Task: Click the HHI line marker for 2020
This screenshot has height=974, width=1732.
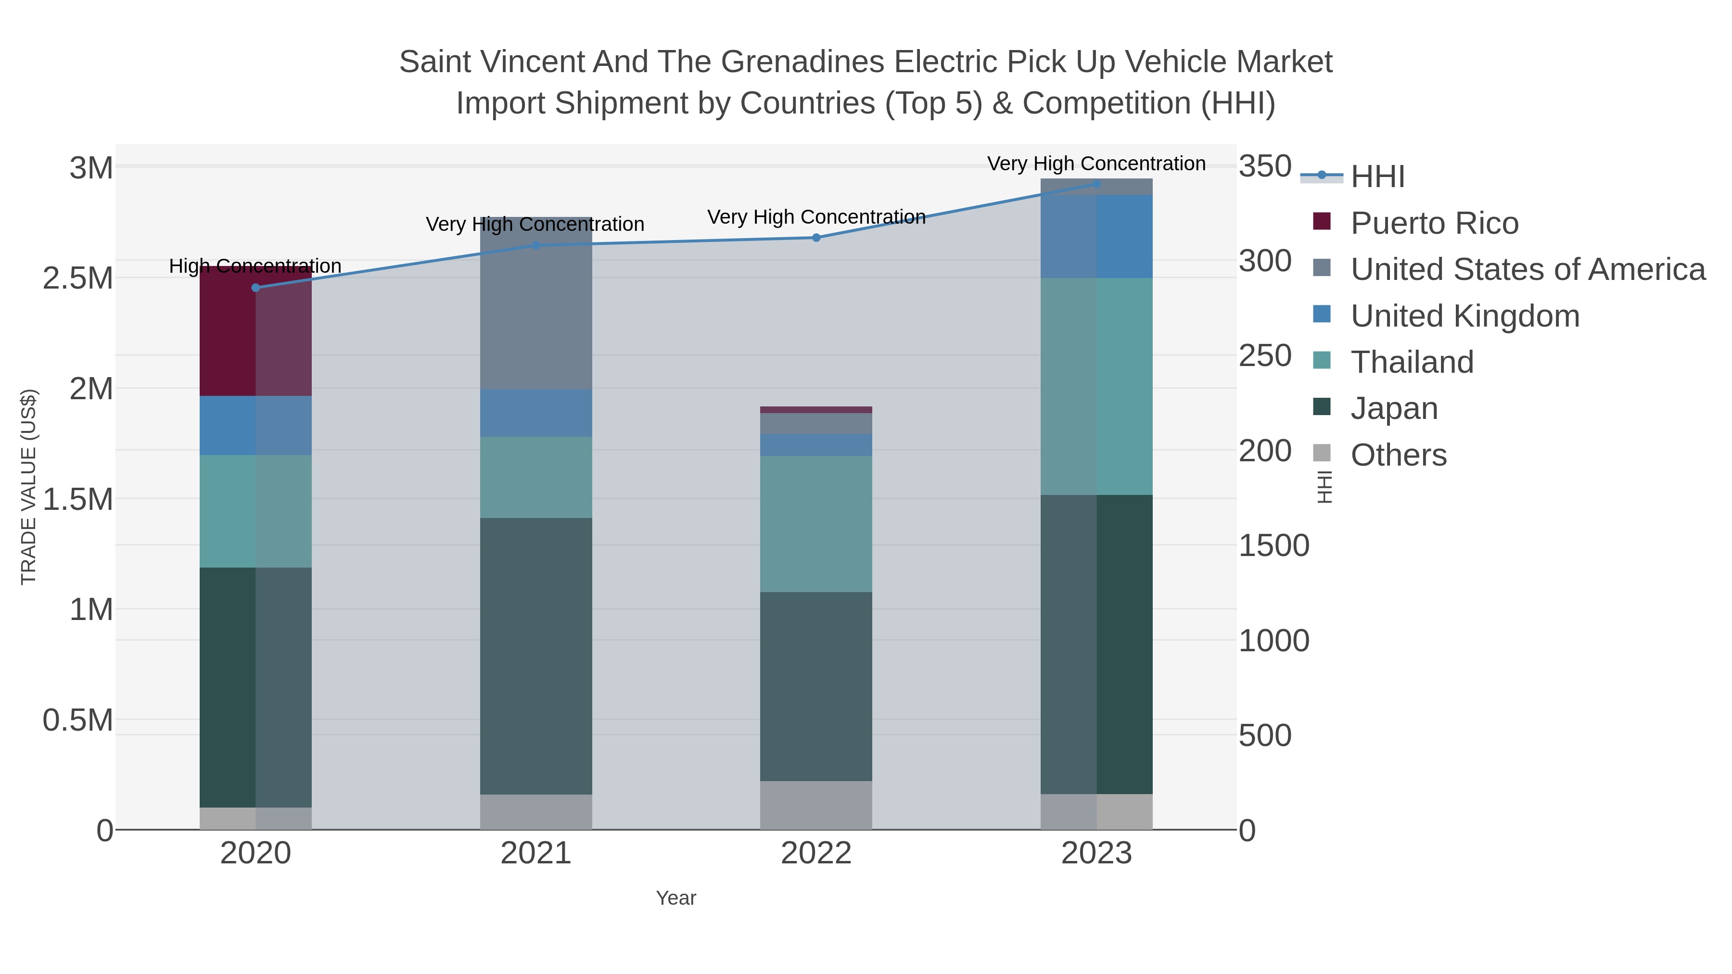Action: (255, 288)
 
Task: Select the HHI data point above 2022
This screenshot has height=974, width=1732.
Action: (816, 237)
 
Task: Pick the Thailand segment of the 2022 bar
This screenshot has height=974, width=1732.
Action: (816, 524)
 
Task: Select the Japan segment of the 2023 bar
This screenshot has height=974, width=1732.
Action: (1096, 644)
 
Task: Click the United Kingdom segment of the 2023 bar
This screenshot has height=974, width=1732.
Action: (1096, 237)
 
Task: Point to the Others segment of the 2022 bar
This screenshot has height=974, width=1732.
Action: (816, 805)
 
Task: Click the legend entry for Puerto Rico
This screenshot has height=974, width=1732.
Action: (1434, 223)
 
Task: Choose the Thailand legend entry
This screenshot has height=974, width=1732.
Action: (1412, 362)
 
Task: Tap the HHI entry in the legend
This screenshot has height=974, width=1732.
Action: (1378, 177)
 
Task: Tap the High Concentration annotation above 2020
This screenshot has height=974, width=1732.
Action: (255, 266)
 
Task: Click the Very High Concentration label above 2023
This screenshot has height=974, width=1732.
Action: (1096, 164)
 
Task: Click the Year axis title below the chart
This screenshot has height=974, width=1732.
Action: (676, 898)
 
